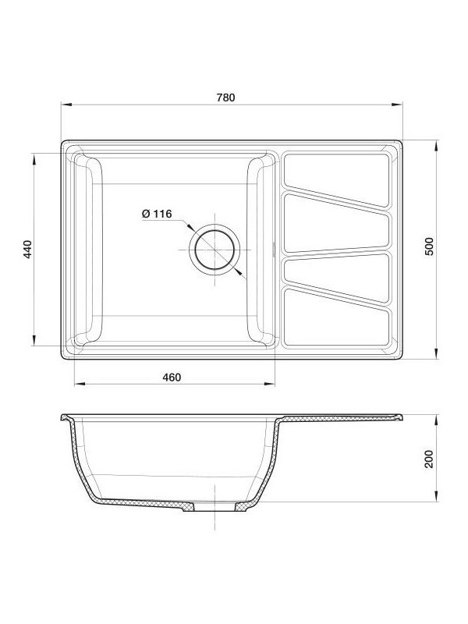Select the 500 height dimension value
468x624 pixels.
[428, 248]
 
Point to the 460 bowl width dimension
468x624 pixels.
[172, 378]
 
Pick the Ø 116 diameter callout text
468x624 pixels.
[157, 214]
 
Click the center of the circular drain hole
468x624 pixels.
[214, 250]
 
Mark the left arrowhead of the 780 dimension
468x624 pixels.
[66, 105]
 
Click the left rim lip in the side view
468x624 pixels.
[65, 420]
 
